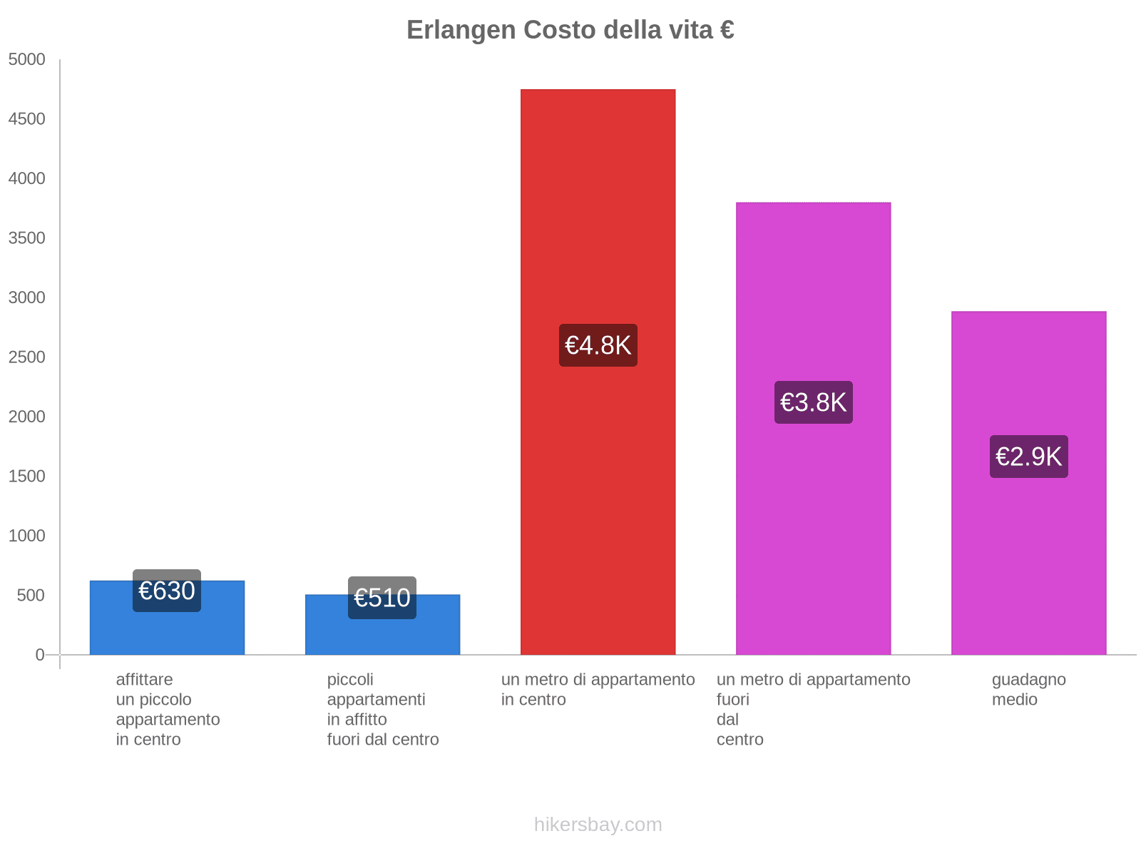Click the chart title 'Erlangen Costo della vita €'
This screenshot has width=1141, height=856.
click(x=570, y=30)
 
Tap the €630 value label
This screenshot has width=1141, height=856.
click(x=167, y=591)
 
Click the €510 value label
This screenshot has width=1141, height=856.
click(x=382, y=598)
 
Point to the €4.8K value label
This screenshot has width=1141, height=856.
click(x=598, y=345)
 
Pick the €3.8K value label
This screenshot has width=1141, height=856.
click(x=813, y=402)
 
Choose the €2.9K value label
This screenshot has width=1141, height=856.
click(x=1028, y=457)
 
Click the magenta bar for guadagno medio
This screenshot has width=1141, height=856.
click(x=1028, y=556)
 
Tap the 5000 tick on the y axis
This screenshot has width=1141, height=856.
click(x=27, y=60)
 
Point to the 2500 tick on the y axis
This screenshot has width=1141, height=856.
click(x=27, y=357)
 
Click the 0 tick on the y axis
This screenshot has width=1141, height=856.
click(x=40, y=655)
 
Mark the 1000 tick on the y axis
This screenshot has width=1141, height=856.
click(x=27, y=536)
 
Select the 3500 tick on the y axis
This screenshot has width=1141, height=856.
click(x=27, y=238)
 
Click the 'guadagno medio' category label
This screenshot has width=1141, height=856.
click(x=1028, y=690)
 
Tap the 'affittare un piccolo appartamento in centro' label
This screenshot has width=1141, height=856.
click(x=168, y=710)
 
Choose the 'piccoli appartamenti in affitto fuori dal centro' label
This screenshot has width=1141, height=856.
click(x=382, y=710)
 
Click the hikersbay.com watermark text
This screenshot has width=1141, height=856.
click(x=598, y=825)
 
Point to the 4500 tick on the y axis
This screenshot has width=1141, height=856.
click(x=27, y=119)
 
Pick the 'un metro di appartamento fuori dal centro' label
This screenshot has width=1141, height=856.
click(x=813, y=710)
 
